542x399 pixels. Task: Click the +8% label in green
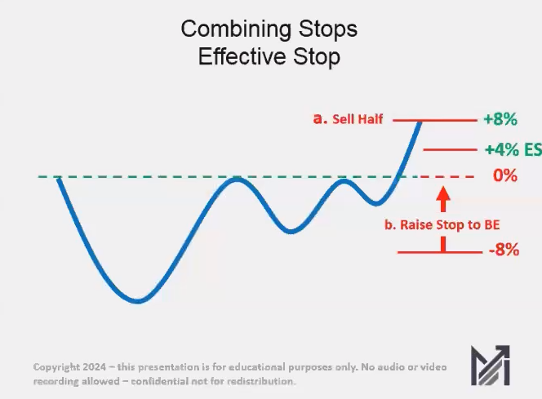pos(500,119)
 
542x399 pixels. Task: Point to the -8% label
pos(503,250)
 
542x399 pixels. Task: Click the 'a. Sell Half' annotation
pos(349,119)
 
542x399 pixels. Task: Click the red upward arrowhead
pos(442,196)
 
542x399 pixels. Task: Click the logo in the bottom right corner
pos(490,366)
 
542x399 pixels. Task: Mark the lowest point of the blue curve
pos(137,301)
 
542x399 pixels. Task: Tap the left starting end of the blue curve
pos(58,178)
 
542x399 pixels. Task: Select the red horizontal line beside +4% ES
pos(449,150)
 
